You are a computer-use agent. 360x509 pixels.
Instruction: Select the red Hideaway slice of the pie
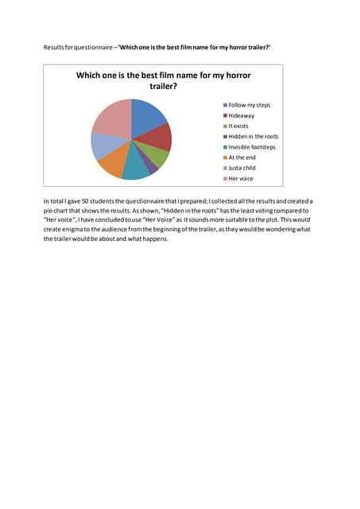coord(159,138)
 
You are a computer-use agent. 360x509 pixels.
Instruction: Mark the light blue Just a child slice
coord(103,146)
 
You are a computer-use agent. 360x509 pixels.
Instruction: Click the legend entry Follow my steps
coord(250,105)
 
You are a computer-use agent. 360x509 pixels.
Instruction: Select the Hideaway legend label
coord(242,115)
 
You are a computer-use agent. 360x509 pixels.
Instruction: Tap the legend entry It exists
coord(239,126)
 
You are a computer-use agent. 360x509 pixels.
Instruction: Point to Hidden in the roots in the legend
coord(254,137)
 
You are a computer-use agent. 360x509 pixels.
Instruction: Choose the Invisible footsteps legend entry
coord(253,147)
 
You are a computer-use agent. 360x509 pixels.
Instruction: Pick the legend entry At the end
coord(242,157)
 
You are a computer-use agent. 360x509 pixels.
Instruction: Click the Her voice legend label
coord(241,179)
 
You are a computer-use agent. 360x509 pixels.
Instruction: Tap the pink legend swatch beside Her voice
coord(225,179)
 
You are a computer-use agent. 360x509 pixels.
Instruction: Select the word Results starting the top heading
coord(53,49)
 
